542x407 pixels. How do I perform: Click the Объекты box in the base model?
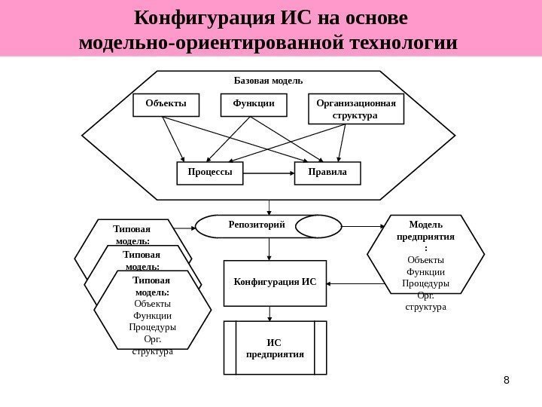(166, 105)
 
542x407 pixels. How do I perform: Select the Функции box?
(254, 105)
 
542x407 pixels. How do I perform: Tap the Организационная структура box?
(357, 109)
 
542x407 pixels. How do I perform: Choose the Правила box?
(327, 173)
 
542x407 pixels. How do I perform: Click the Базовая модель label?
(268, 80)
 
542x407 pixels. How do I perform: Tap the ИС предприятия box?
(275, 347)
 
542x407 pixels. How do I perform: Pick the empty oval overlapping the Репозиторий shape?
(317, 225)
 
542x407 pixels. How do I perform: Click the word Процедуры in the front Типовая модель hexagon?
(153, 328)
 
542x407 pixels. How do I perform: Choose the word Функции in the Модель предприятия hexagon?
(425, 272)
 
